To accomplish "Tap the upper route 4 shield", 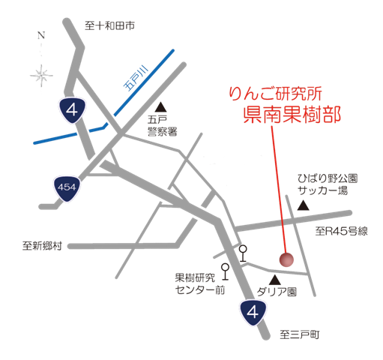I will tap(71, 110).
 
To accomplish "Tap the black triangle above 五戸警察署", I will tap(162, 106).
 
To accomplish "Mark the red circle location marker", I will tap(286, 259).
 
